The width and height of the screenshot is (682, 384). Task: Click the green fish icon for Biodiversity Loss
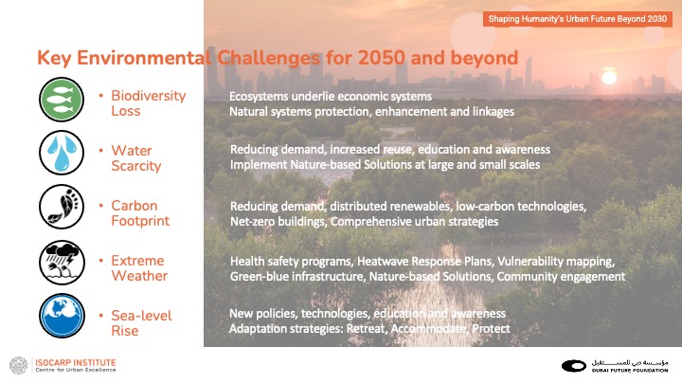tap(62, 100)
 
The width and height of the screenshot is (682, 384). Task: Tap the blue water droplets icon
tap(62, 153)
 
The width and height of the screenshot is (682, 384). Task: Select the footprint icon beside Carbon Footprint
tap(62, 207)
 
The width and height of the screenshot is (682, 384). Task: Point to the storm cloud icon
tap(62, 262)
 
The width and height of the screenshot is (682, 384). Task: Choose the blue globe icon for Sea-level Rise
tap(62, 316)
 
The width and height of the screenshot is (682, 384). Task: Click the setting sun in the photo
tap(609, 78)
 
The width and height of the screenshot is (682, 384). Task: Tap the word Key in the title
tap(54, 58)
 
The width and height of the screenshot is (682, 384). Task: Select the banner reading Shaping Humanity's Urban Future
tap(577, 19)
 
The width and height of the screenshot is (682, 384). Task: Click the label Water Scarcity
tap(136, 158)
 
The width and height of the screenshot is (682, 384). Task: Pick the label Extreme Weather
tap(139, 268)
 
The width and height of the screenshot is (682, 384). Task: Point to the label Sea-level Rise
tap(141, 323)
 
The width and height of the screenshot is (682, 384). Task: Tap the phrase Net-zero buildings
tap(278, 222)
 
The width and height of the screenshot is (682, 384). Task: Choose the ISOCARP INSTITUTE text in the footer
tap(76, 362)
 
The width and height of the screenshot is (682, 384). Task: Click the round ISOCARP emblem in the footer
tap(19, 365)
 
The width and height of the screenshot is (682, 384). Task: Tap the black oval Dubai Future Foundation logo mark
tap(574, 366)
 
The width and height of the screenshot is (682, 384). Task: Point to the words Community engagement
tap(561, 277)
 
